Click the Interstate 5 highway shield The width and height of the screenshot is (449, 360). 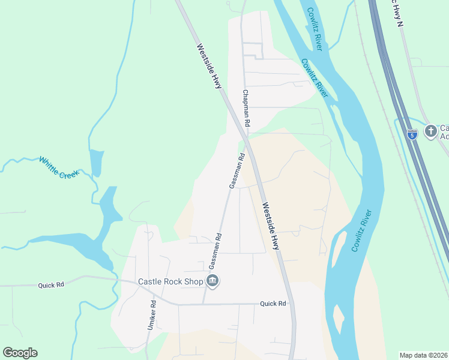coord(412,135)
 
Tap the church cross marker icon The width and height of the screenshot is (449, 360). coord(430,131)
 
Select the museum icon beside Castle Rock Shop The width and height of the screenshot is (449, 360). coord(212,281)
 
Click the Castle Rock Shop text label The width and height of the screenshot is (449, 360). coord(170,281)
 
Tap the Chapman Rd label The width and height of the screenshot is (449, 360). coord(246,108)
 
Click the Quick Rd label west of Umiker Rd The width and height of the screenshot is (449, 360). coord(50,285)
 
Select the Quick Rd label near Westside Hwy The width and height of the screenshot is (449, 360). coord(273,304)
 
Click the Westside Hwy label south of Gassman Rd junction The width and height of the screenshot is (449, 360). coord(271,225)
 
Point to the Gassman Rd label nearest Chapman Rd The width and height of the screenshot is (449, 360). coord(237,171)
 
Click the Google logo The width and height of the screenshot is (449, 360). coord(20,353)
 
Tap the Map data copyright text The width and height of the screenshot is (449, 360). coord(424,355)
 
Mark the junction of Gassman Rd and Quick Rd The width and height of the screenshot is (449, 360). coord(205,304)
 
